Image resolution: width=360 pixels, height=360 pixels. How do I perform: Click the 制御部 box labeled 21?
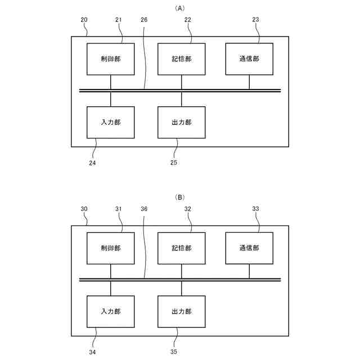pos(111,58)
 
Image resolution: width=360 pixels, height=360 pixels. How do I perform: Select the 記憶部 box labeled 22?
pos(181,58)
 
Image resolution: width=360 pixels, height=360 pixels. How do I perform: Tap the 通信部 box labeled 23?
pos(249,58)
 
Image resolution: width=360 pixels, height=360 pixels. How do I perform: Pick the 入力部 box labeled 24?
pos(111,122)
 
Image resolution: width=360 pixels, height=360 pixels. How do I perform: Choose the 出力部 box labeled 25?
pos(181,122)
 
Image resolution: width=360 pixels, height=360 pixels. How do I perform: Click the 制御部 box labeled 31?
pos(111,247)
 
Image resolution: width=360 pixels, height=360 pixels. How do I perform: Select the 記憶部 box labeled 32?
pos(181,247)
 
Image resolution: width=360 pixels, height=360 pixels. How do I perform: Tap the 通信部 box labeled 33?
pos(249,247)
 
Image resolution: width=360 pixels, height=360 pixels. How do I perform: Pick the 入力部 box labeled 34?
pos(111,311)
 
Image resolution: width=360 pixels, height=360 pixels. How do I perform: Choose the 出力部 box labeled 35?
pos(181,311)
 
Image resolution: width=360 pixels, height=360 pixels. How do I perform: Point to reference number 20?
pos(84,20)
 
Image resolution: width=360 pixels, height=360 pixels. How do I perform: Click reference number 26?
pos(145,20)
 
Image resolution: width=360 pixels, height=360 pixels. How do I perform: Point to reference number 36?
pos(145,209)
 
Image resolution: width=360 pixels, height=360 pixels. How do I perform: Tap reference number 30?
pos(84,209)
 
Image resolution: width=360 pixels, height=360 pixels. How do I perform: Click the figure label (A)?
pos(180,8)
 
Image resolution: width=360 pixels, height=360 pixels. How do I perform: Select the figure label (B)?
pos(180,197)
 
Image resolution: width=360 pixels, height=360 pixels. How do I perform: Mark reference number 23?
pos(255,20)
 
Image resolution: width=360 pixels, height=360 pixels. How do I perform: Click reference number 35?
pos(174,352)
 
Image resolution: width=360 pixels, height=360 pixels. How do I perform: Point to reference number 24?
pos(92,163)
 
